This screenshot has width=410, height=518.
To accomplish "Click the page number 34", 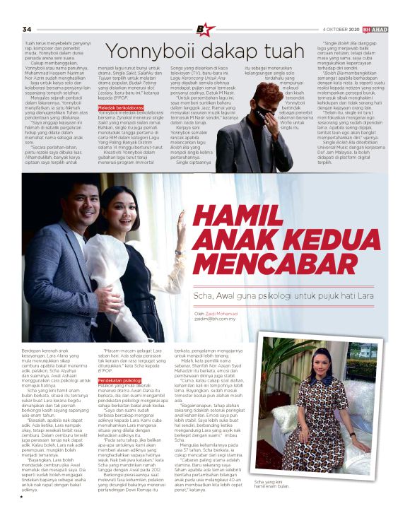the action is click(27, 28).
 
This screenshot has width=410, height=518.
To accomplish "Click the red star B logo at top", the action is click(205, 29).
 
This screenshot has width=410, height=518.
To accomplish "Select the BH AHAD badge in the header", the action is click(381, 29).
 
